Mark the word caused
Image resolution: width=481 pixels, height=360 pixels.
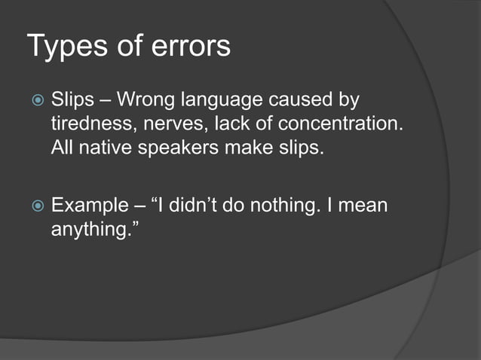[x=309, y=99]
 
